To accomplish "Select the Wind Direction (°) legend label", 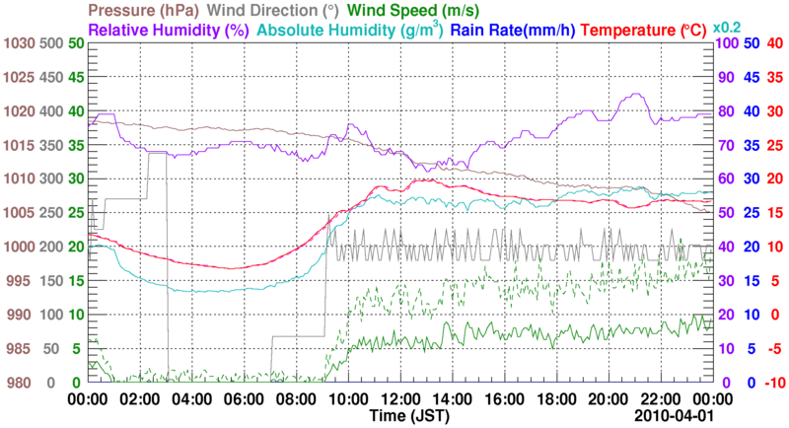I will (272, 11).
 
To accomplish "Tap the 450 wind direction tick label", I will (50, 78).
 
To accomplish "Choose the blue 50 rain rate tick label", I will (749, 44).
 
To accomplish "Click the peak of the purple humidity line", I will (633, 95).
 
